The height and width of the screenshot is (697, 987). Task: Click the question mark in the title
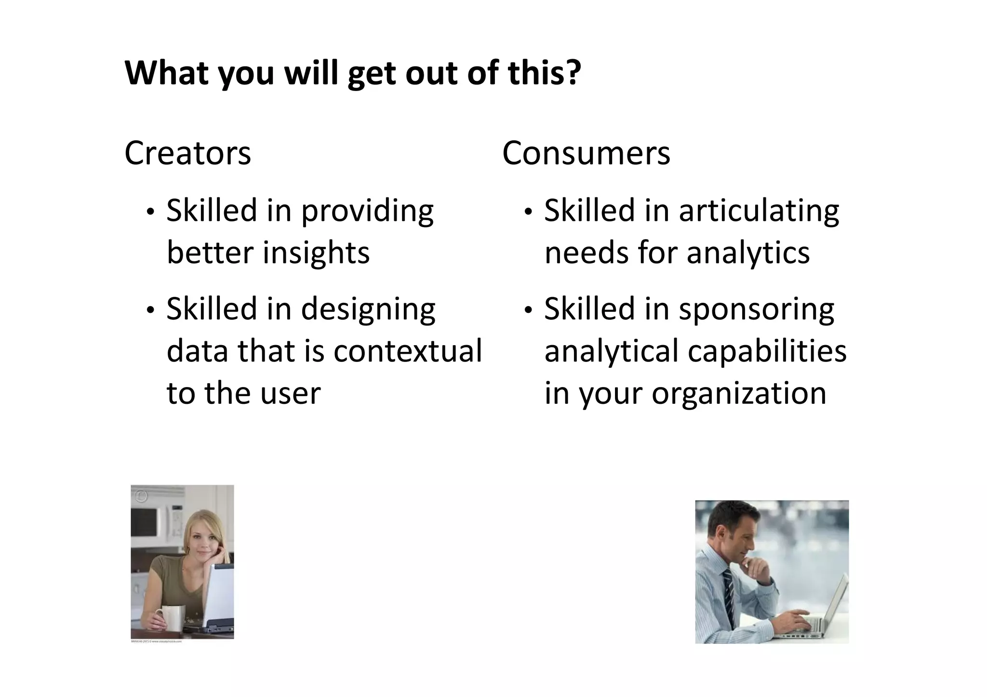pyautogui.click(x=572, y=73)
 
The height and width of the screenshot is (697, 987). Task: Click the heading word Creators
pyautogui.click(x=187, y=153)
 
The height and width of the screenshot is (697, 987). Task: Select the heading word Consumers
pyautogui.click(x=586, y=153)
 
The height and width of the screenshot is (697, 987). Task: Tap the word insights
pyautogui.click(x=316, y=253)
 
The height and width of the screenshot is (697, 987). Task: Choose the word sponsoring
pyautogui.click(x=756, y=309)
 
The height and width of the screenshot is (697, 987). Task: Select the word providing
pyautogui.click(x=367, y=211)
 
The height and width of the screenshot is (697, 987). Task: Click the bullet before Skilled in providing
pyautogui.click(x=151, y=212)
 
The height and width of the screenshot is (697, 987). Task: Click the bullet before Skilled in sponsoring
pyautogui.click(x=529, y=310)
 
